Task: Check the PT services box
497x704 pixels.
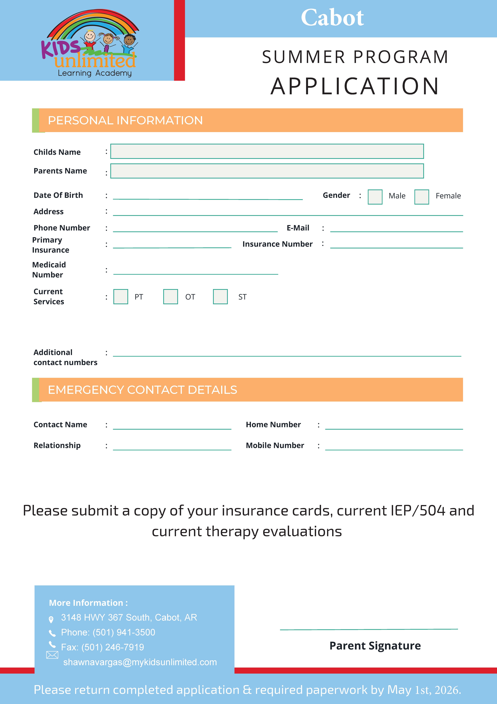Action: [x=121, y=297]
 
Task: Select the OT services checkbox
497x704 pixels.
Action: [x=171, y=297]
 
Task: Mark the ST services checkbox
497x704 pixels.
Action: [x=220, y=297]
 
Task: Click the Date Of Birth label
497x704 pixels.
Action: [x=58, y=195]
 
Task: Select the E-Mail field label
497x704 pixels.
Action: [x=298, y=228]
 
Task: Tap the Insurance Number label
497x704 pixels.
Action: [x=277, y=244]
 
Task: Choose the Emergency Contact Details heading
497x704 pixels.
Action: [x=142, y=390]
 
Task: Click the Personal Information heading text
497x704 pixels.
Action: [x=125, y=121]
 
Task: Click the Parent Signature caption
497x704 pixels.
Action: [x=375, y=645]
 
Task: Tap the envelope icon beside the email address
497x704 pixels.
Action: [x=52, y=655]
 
